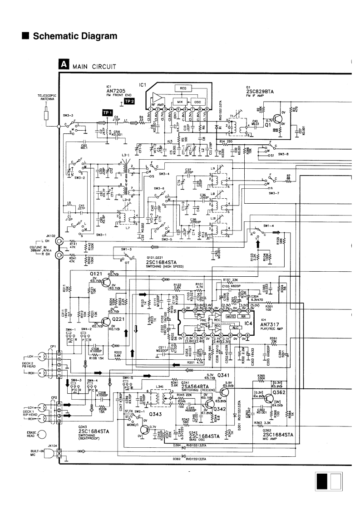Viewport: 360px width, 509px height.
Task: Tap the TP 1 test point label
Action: click(107, 112)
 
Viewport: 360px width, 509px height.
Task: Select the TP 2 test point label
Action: click(130, 101)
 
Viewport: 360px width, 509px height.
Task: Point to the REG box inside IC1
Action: click(184, 88)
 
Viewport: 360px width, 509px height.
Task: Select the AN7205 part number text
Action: click(113, 90)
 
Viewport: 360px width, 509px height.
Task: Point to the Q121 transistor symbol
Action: click(106, 282)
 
